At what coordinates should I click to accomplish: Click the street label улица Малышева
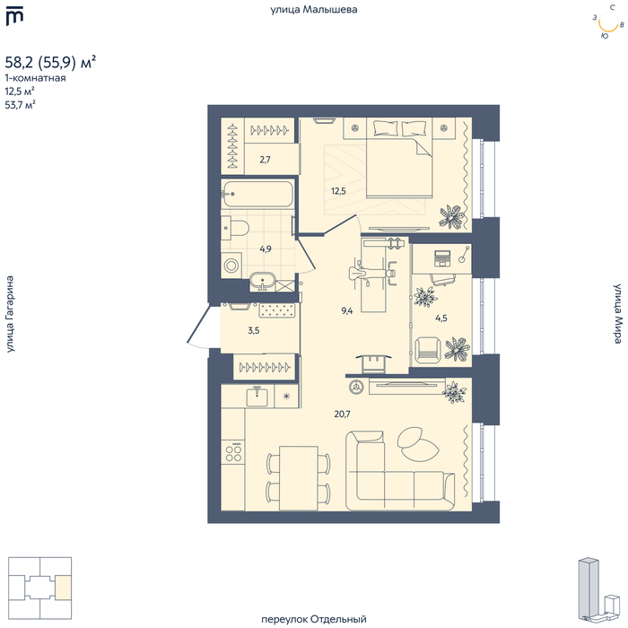coord(314,10)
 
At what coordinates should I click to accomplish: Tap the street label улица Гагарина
coord(10,314)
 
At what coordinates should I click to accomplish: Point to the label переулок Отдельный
coord(314,619)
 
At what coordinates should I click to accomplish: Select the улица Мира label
coord(617,314)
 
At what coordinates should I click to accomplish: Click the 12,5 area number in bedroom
coord(338,191)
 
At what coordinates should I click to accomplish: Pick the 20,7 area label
coord(343,414)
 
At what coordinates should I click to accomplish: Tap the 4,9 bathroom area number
coord(266,249)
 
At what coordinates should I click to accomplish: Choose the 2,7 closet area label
coord(266,160)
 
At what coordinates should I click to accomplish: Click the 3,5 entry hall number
coord(254,330)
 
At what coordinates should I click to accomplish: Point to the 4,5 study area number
coord(441,318)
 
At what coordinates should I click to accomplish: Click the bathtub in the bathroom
coord(257,195)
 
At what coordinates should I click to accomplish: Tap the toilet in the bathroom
coord(235,228)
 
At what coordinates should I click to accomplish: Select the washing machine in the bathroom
coord(231,265)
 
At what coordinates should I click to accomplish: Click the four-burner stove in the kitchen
coord(233,452)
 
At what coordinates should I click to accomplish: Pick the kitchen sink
coord(257,397)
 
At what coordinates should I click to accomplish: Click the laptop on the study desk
coord(442,258)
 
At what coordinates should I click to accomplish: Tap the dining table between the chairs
coord(299,478)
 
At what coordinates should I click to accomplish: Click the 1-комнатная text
coord(35,78)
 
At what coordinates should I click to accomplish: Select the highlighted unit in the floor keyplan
coord(64,588)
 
